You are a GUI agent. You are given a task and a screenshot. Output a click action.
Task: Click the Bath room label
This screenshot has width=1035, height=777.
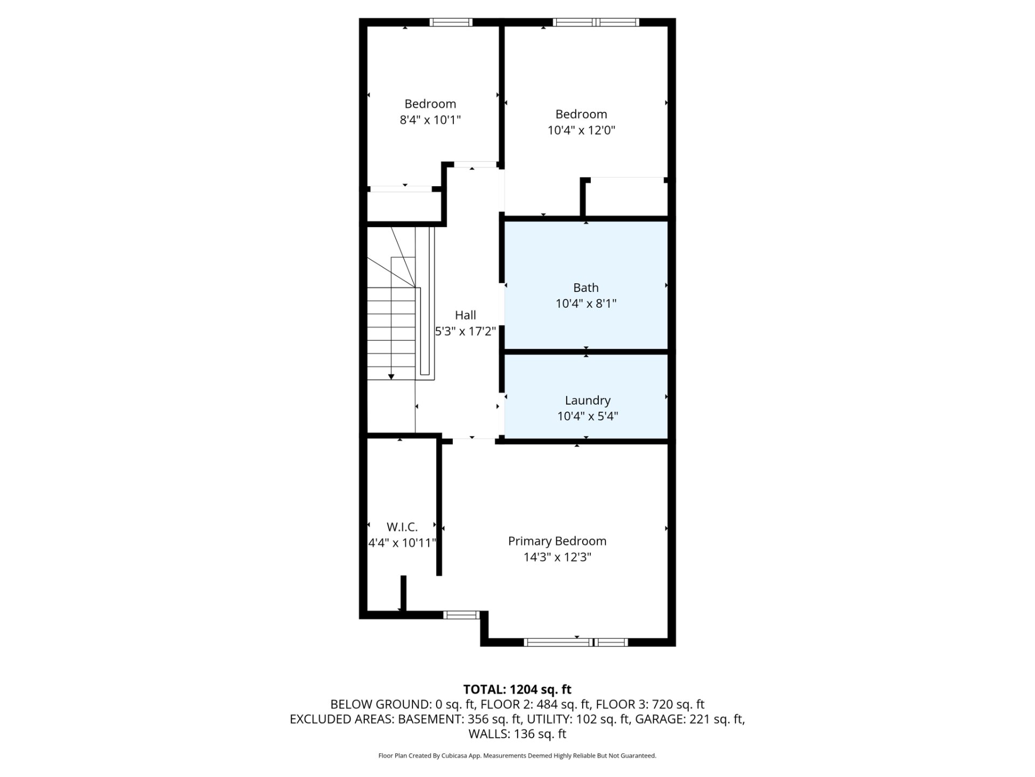585,288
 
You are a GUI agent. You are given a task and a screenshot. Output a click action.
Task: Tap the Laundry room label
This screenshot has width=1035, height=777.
588,400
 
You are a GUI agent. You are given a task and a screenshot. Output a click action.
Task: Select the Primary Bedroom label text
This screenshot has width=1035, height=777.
557,541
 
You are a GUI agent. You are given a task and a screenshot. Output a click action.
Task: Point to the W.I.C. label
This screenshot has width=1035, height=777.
402,527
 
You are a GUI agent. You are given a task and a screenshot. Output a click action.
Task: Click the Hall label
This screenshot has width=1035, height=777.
465,315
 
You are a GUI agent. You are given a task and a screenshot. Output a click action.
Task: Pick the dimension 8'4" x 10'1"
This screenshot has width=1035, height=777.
430,119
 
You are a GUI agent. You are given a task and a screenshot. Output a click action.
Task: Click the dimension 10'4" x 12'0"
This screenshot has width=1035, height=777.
581,130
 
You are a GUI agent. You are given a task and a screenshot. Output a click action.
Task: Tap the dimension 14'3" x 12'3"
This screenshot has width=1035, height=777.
557,557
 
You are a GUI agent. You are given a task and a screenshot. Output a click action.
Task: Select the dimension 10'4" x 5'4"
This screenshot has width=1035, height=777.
588,416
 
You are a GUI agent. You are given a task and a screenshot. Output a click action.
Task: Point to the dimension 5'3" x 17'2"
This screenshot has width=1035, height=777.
466,331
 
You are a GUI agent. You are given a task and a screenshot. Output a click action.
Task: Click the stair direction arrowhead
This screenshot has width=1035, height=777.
391,377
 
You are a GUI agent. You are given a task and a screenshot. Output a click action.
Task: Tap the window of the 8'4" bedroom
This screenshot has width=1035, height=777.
451,22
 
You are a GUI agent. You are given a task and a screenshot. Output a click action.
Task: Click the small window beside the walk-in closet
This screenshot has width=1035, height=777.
461,615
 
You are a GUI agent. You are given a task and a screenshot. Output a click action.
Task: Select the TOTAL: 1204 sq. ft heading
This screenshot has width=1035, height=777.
517,689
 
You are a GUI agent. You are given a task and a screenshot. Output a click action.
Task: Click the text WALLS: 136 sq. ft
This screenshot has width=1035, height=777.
517,734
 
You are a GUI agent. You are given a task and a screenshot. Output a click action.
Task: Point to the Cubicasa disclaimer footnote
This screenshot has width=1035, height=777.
517,756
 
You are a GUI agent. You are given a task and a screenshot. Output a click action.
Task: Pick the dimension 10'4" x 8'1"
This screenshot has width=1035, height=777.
586,303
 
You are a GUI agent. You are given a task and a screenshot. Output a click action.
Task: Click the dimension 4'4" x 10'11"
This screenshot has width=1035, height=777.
402,543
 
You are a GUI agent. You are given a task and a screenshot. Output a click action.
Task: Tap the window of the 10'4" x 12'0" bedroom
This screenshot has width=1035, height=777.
596,22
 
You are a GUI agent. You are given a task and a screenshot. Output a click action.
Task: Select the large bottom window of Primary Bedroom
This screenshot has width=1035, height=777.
576,642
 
